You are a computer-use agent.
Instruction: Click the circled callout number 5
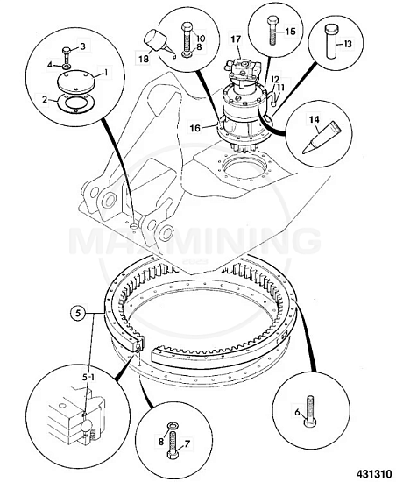(79, 313)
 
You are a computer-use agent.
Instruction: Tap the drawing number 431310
(374, 472)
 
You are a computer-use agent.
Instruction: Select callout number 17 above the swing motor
(236, 39)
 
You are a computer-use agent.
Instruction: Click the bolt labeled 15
(272, 31)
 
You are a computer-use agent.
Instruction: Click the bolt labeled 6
(310, 411)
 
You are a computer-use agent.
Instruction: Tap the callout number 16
(194, 128)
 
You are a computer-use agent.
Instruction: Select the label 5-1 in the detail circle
(88, 377)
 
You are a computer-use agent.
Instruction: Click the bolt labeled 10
(187, 38)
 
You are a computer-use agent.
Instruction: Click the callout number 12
(274, 81)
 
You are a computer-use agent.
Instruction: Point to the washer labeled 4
(67, 67)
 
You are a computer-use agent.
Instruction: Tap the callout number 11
(281, 88)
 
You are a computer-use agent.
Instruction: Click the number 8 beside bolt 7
(161, 442)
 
